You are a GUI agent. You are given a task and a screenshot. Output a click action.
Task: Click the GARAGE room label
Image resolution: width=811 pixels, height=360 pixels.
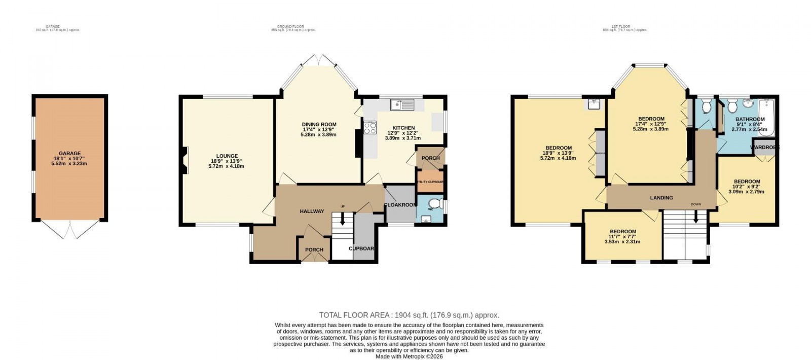69,153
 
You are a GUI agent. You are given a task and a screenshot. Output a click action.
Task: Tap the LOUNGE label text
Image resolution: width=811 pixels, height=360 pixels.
227,156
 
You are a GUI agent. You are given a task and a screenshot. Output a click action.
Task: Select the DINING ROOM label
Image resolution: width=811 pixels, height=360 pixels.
319,124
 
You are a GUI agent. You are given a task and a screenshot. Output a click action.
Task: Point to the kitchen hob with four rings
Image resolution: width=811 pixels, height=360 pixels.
370,128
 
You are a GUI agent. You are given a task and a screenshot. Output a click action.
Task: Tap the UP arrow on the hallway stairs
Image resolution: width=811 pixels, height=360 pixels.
343,219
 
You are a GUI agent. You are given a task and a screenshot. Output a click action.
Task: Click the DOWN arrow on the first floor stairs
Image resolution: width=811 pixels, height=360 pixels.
696,217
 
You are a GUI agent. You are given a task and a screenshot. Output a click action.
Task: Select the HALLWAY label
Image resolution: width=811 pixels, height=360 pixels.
312,211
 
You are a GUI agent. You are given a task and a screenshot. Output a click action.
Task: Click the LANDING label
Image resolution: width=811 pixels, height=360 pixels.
661,198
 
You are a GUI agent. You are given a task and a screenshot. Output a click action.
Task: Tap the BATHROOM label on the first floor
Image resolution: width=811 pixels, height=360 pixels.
750,119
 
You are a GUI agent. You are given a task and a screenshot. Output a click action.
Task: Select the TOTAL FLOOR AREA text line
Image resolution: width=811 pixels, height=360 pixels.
409,315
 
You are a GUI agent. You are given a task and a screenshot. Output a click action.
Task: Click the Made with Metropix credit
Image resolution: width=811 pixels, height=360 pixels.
409,356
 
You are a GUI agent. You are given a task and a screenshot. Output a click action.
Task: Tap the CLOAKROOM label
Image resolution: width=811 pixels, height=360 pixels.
400,205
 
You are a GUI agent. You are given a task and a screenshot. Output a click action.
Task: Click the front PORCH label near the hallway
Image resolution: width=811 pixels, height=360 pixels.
314,249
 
